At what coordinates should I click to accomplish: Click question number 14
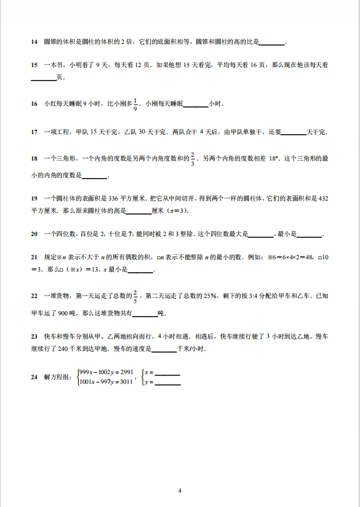point(34,42)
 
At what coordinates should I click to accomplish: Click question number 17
point(34,132)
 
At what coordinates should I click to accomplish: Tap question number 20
point(34,234)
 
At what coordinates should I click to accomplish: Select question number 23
point(34,336)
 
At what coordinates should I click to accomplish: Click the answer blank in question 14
point(271,43)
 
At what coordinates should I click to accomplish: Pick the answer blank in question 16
point(197,104)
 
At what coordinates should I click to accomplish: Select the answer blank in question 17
point(294,133)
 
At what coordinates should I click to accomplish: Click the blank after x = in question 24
point(168,373)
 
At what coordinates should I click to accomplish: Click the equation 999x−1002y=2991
point(105,372)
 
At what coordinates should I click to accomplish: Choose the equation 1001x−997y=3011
point(105,382)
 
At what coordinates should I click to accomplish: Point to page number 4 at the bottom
point(180,490)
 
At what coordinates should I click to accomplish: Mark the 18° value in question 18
point(274,159)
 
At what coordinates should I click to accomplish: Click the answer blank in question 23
point(165,349)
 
